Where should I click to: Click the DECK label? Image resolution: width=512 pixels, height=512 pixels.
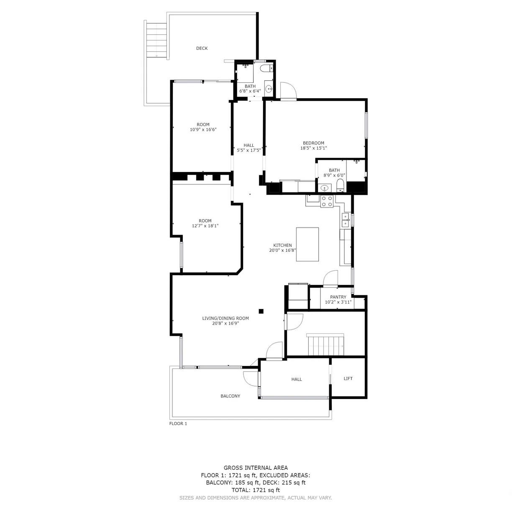202,48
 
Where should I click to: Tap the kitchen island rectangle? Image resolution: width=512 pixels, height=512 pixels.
307,244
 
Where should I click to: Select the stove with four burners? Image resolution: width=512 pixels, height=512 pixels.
327,201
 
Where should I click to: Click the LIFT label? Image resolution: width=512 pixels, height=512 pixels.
348,379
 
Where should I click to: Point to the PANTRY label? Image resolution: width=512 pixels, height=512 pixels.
338,297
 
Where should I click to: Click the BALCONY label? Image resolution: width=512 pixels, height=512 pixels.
230,396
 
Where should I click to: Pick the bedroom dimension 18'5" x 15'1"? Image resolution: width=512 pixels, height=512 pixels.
314,148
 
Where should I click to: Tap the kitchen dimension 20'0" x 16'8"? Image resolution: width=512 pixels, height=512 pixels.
282,250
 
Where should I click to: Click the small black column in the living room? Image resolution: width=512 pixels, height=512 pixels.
261,311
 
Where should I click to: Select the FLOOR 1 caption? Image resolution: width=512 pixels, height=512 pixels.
178,423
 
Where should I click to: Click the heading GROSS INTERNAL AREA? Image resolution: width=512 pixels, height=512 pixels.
256,468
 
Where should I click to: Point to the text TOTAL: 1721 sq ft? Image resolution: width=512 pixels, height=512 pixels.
256,490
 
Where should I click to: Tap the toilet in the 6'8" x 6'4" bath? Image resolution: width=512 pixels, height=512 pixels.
266,69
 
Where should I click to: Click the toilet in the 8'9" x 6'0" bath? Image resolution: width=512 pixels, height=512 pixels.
340,185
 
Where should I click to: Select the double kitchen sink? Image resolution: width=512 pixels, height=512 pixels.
346,220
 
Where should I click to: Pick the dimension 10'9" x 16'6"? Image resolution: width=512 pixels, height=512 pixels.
203,130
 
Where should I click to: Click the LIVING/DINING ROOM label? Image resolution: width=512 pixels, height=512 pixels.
225,318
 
